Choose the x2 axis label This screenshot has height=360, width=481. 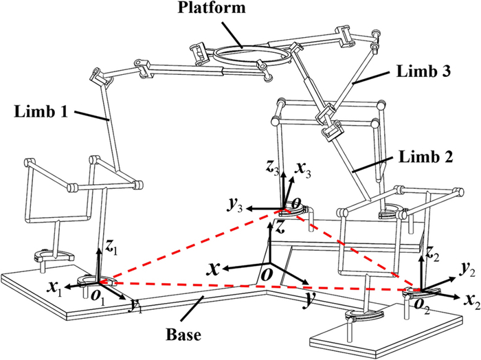(x=469, y=297)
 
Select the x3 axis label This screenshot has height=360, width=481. (x=302, y=168)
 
